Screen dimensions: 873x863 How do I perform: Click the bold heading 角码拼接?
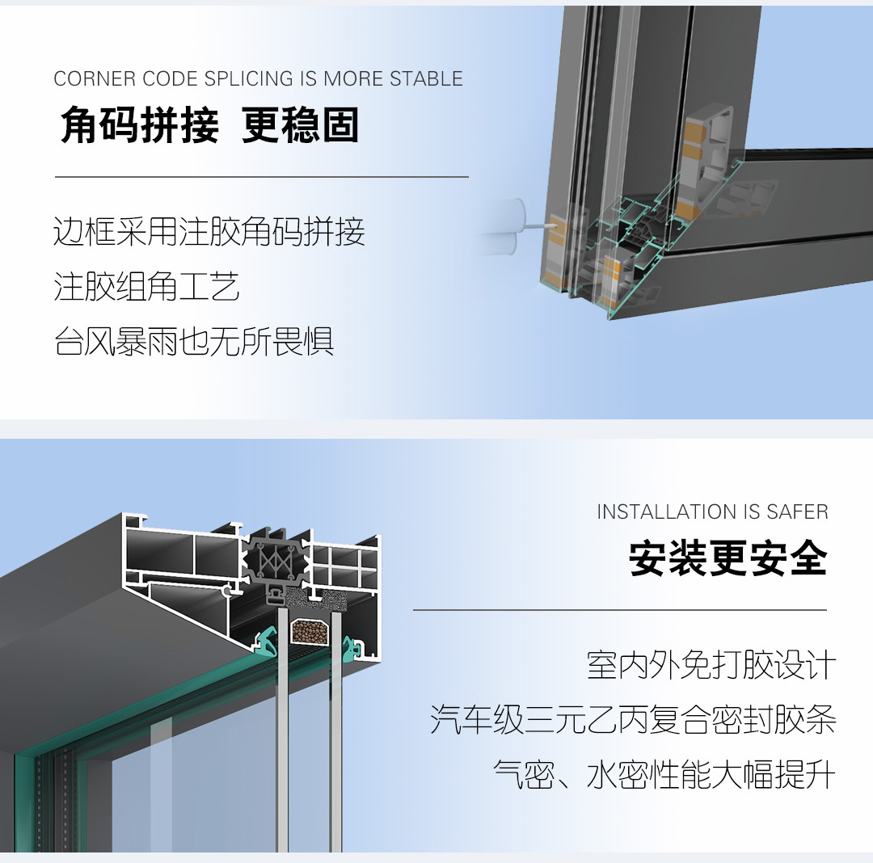click(x=140, y=124)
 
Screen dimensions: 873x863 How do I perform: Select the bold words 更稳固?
click(x=300, y=124)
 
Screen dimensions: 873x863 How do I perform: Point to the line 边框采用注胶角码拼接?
click(x=209, y=231)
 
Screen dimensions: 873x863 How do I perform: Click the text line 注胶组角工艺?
click(x=146, y=287)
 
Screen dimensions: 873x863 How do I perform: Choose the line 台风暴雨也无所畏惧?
click(x=194, y=341)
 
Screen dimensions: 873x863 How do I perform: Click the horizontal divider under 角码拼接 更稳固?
click(x=262, y=177)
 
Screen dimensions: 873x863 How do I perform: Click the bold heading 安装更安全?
click(x=728, y=558)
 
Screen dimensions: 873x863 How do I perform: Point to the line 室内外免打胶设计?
click(x=711, y=665)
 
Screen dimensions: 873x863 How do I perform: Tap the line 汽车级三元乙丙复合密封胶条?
click(x=633, y=719)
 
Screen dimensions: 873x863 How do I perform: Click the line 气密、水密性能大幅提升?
click(x=664, y=774)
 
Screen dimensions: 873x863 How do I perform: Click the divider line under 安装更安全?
click(x=620, y=610)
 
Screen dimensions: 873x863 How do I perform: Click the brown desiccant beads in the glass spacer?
click(x=310, y=632)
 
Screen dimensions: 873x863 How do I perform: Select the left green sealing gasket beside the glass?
click(x=266, y=641)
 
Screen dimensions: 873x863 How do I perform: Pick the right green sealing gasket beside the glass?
click(x=352, y=649)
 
